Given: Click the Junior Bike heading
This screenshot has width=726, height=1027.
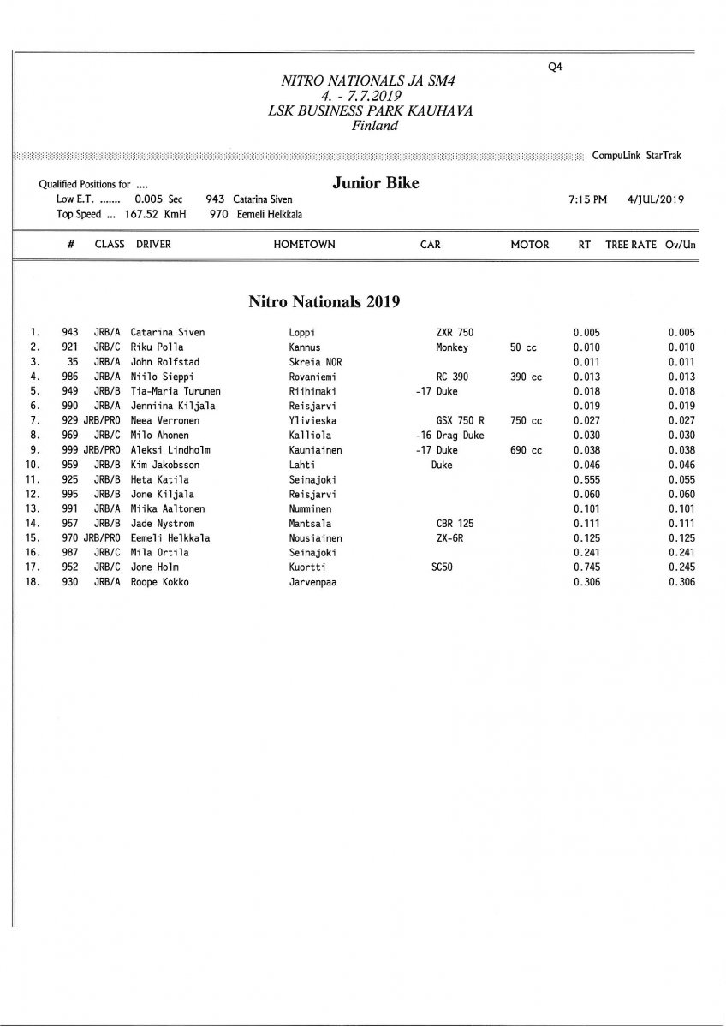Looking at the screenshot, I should click(375, 183).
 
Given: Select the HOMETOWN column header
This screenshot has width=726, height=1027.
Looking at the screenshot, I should click(304, 245).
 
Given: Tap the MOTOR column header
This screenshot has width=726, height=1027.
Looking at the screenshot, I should click(529, 245).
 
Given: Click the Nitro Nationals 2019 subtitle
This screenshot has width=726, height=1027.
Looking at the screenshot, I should click(324, 301).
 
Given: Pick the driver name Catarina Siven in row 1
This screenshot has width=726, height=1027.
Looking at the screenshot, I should click(168, 332).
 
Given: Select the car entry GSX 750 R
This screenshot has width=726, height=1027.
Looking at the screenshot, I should click(461, 421).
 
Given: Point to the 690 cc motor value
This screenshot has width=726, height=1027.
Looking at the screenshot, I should click(526, 450).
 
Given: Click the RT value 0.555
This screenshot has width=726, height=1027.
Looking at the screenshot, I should click(586, 479).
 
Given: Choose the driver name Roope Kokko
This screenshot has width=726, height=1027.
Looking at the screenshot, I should click(159, 582).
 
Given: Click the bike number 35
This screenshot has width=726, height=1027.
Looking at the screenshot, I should click(73, 362).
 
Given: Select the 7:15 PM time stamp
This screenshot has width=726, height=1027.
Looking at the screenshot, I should click(587, 199).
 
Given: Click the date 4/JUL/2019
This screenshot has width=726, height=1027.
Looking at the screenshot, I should click(655, 199).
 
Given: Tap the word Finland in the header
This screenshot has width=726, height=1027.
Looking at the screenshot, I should click(375, 126).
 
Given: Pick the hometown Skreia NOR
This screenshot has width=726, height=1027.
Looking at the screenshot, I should click(315, 362).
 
